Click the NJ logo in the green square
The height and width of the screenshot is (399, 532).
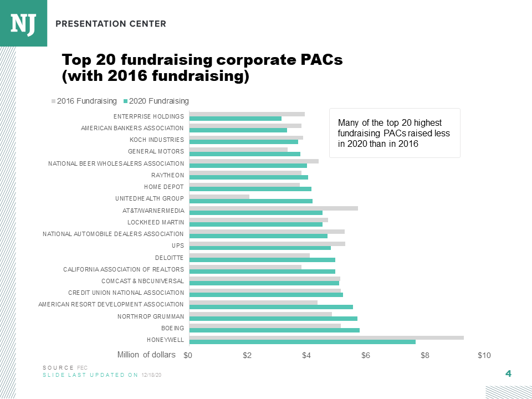[23, 23]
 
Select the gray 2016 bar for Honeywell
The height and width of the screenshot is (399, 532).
[326, 337]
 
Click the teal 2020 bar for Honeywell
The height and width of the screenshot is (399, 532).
[303, 342]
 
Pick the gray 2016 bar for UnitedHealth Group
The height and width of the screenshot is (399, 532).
[219, 196]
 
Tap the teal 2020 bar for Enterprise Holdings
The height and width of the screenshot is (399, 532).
[236, 119]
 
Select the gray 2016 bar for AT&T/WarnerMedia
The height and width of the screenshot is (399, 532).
[274, 208]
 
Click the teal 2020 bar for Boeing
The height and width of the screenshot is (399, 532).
[274, 330]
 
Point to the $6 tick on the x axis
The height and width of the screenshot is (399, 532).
[366, 355]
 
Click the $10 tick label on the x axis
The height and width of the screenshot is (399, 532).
[484, 355]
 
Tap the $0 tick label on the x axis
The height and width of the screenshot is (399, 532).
[188, 355]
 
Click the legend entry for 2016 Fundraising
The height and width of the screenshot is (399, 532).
[86, 101]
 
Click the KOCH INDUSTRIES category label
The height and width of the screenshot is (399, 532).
[156, 139]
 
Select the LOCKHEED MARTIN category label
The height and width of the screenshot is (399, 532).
[155, 222]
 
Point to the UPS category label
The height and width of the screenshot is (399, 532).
[177, 245]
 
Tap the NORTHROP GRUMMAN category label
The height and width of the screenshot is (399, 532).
[150, 316]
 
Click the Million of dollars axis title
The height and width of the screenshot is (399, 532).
[146, 355]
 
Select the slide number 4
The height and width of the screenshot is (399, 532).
[508, 374]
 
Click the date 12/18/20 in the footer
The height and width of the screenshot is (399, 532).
[151, 375]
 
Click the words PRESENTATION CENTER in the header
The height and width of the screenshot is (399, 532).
[111, 24]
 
